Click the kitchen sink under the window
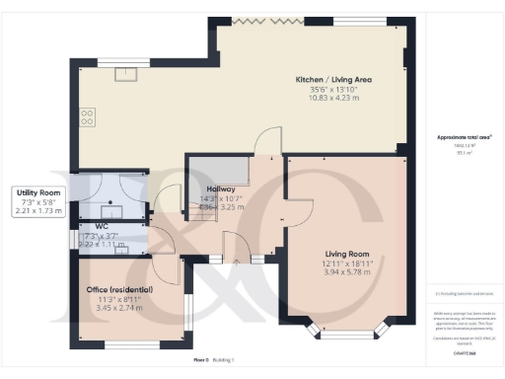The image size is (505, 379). click(x=125, y=74)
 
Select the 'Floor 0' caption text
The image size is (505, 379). click(x=204, y=361)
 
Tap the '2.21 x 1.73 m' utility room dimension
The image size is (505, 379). click(x=38, y=209)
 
